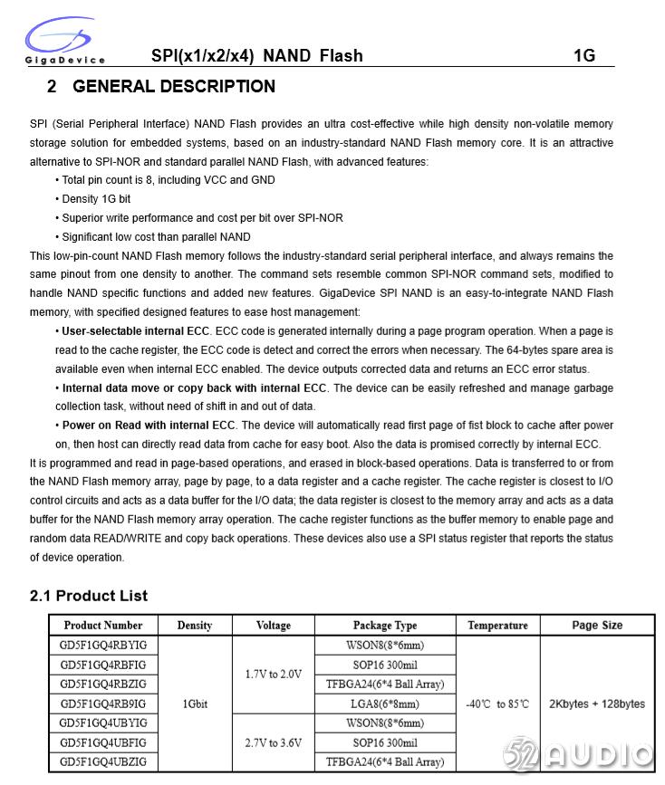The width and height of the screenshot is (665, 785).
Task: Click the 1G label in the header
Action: (584, 56)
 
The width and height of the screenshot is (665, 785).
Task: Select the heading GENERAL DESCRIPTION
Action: (173, 87)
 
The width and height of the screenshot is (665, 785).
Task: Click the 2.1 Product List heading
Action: (89, 596)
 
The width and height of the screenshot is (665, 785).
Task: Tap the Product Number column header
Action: (103, 625)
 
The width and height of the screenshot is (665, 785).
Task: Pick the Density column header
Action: (195, 625)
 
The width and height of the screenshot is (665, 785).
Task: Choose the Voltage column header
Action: (274, 625)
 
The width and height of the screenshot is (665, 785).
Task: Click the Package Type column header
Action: (385, 625)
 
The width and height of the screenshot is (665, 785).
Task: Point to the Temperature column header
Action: (497, 625)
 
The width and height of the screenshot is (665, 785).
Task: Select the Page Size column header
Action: (597, 625)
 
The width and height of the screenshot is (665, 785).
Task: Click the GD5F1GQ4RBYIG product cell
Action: (103, 645)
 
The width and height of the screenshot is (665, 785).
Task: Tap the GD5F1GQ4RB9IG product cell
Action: (103, 704)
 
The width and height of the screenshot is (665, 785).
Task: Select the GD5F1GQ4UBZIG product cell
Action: (103, 762)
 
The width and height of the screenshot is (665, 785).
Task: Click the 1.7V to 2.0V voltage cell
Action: (274, 675)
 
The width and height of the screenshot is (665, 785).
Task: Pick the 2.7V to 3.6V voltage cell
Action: (274, 742)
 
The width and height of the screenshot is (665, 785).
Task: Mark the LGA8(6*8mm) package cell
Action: (385, 704)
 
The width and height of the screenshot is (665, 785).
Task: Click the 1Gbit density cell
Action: (195, 704)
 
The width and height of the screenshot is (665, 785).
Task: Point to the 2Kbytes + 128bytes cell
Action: (597, 704)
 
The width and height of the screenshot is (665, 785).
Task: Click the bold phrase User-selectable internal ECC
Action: (136, 331)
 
